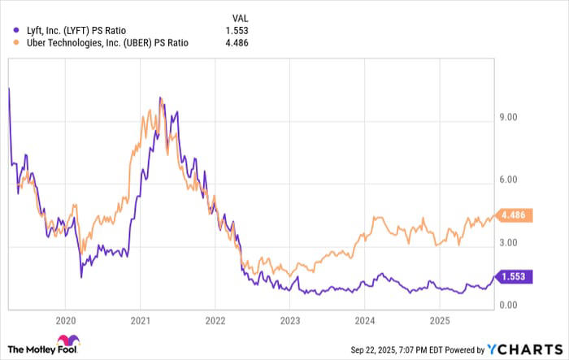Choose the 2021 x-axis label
point(141,320)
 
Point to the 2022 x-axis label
point(215,320)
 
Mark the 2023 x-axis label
point(289,320)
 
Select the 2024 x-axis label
point(364,320)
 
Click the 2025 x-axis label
point(439,320)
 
